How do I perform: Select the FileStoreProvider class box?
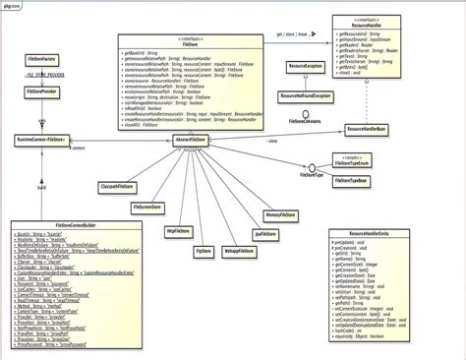click(40, 91)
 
